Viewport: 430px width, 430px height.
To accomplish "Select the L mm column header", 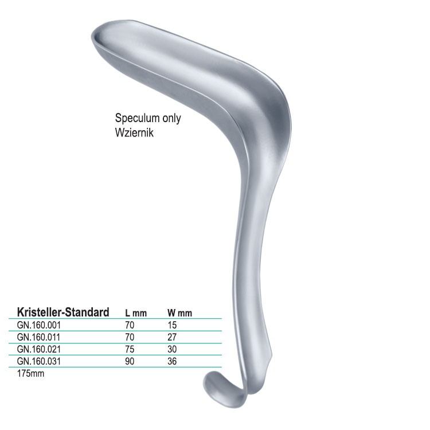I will pos(136,313).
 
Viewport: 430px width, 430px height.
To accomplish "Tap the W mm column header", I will pos(179,313).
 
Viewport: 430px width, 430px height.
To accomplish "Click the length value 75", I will pos(130,349).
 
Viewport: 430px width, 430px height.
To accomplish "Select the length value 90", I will pos(130,361).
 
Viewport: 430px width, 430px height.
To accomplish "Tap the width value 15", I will pos(172,325).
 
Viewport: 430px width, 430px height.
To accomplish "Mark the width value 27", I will pos(173,337).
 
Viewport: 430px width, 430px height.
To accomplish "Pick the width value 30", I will pos(173,349).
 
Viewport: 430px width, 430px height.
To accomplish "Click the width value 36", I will pos(173,361).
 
